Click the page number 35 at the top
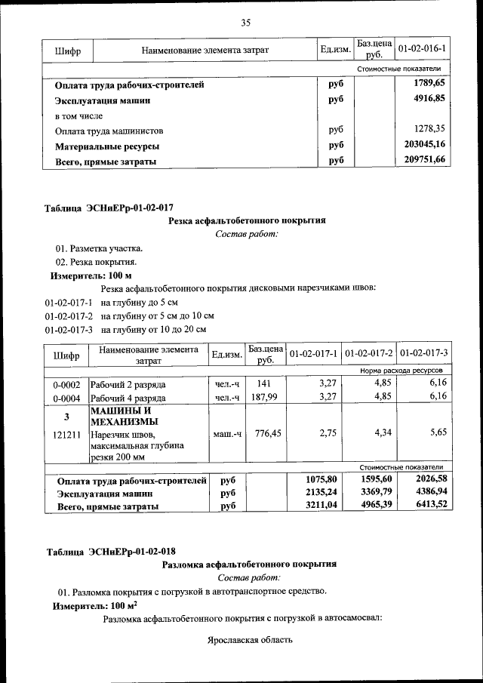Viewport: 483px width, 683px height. click(x=245, y=23)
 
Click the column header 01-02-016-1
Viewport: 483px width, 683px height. click(x=421, y=50)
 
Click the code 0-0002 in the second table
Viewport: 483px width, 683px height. click(x=66, y=385)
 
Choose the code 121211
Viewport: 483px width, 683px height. click(x=66, y=435)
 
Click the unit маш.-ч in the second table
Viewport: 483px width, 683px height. click(x=226, y=435)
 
